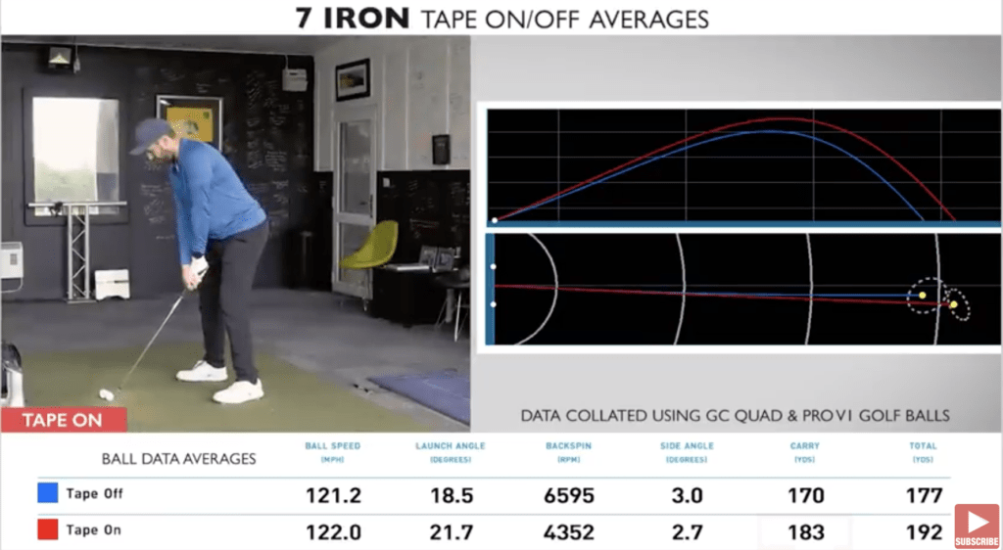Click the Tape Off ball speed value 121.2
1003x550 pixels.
(x=334, y=495)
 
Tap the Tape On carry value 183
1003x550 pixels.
(x=806, y=531)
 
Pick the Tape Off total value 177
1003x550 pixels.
(x=924, y=495)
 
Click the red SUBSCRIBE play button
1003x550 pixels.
(x=977, y=521)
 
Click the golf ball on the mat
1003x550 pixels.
(x=106, y=394)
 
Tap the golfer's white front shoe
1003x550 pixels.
(x=238, y=390)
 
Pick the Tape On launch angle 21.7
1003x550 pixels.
(x=451, y=531)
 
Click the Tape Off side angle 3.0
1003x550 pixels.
(x=687, y=495)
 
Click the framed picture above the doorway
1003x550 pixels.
(x=353, y=79)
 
